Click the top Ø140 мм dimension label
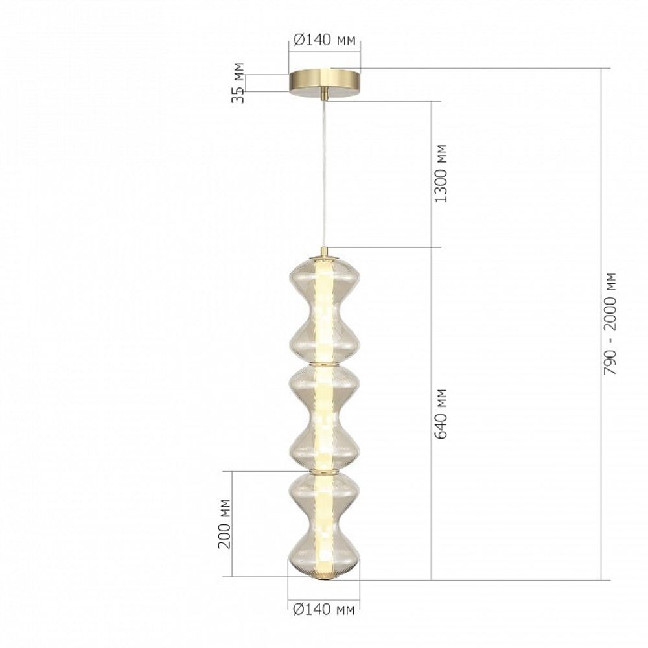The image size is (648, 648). tap(324, 41)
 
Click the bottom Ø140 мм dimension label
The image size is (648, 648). tap(324, 609)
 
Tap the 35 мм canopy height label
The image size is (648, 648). tap(238, 83)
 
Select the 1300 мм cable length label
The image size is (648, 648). tap(441, 174)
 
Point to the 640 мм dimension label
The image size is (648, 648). tap(441, 413)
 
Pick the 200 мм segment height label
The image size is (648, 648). tap(224, 524)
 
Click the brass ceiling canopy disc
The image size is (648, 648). tap(324, 82)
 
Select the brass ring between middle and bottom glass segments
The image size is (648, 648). tap(324, 472)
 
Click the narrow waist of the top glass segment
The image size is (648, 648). tap(324, 309)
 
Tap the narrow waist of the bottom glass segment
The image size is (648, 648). tap(324, 524)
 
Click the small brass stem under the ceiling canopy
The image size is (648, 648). tap(325, 95)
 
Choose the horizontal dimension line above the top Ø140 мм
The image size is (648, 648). tap(324, 51)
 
